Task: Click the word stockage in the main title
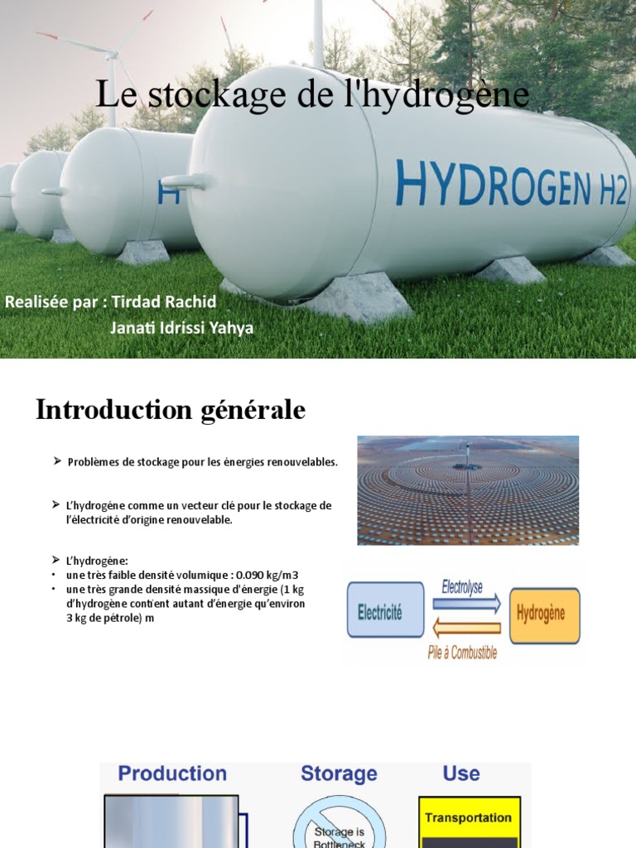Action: tap(204, 95)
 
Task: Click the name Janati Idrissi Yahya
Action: tap(181, 328)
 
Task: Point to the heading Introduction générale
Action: tap(171, 409)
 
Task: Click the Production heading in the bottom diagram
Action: tap(172, 773)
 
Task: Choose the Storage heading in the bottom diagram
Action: tap(339, 773)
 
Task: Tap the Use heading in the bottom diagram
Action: tap(461, 773)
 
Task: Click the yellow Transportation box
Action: tap(469, 817)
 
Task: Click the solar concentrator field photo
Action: tap(468, 490)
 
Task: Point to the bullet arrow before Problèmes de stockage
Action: tap(58, 460)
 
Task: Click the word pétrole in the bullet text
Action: tap(119, 618)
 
